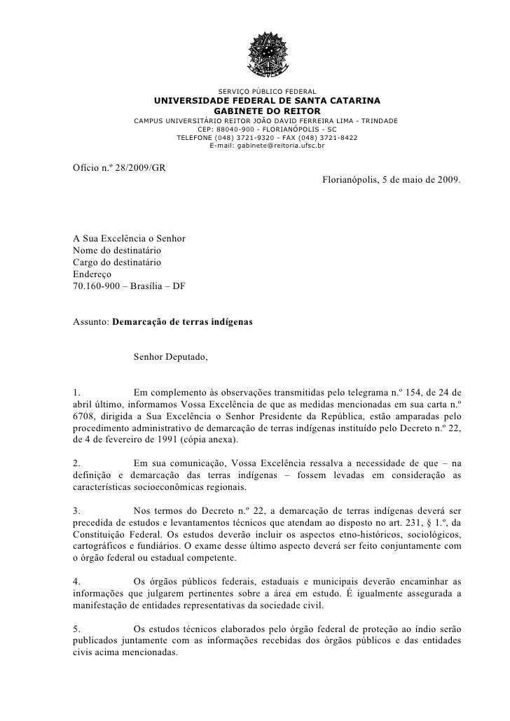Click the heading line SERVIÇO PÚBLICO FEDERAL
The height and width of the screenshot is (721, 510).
coord(267,91)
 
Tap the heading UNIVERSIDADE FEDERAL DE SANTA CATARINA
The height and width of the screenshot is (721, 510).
coord(267,101)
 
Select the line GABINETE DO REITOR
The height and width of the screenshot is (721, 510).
coord(267,111)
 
